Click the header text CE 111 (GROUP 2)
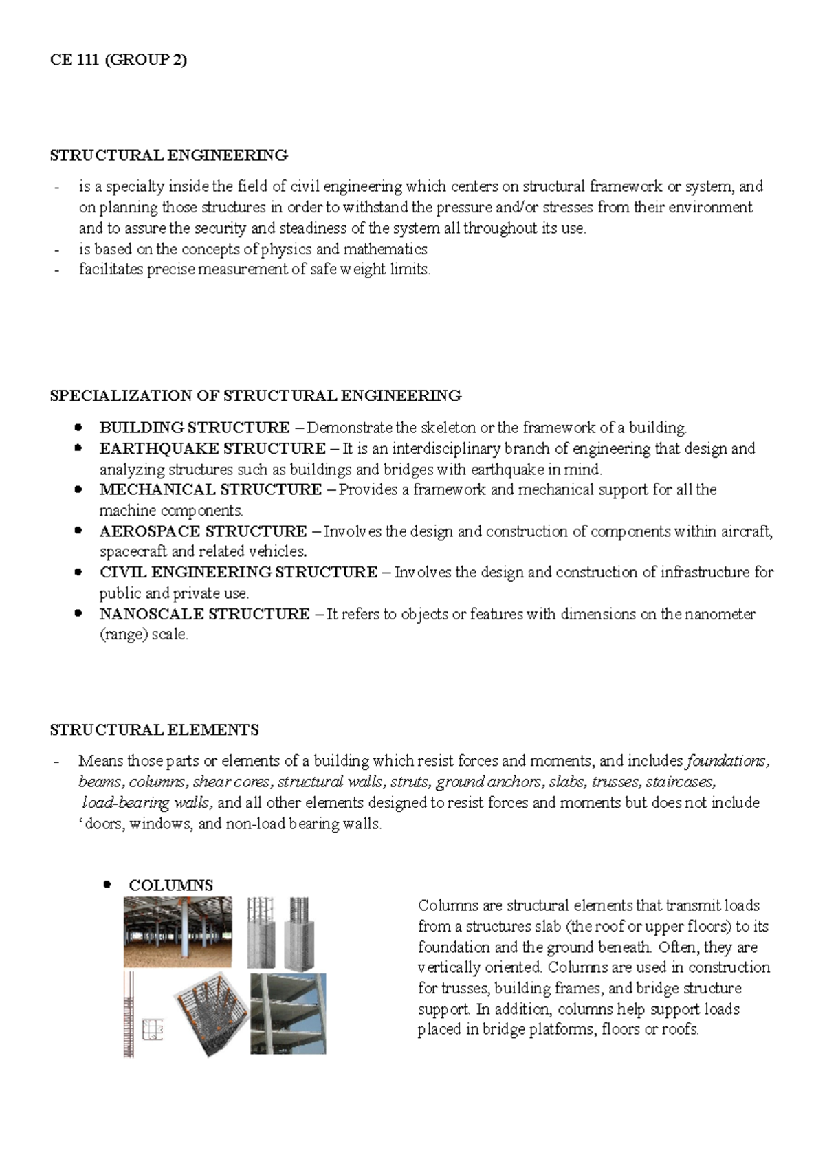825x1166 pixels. point(118,60)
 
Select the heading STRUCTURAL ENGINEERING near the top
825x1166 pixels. point(168,155)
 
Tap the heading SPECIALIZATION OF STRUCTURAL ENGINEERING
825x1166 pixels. point(255,396)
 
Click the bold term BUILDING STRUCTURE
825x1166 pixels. point(195,428)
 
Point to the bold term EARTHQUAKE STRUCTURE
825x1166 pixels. point(212,449)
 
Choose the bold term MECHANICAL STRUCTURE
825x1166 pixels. point(210,490)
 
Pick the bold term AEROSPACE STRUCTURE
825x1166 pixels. point(203,531)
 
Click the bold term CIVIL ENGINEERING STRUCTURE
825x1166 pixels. point(238,573)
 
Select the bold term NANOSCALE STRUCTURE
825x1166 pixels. point(204,614)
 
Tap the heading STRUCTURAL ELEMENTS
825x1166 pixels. point(154,730)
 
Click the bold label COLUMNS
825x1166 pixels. point(170,885)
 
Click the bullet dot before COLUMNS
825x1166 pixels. point(107,885)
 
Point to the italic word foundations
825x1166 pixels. point(727,761)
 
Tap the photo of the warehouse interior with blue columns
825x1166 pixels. point(177,932)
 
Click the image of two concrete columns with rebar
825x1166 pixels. point(279,932)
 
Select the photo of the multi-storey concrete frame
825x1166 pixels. point(288,1013)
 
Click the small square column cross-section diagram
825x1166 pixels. point(153,1029)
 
